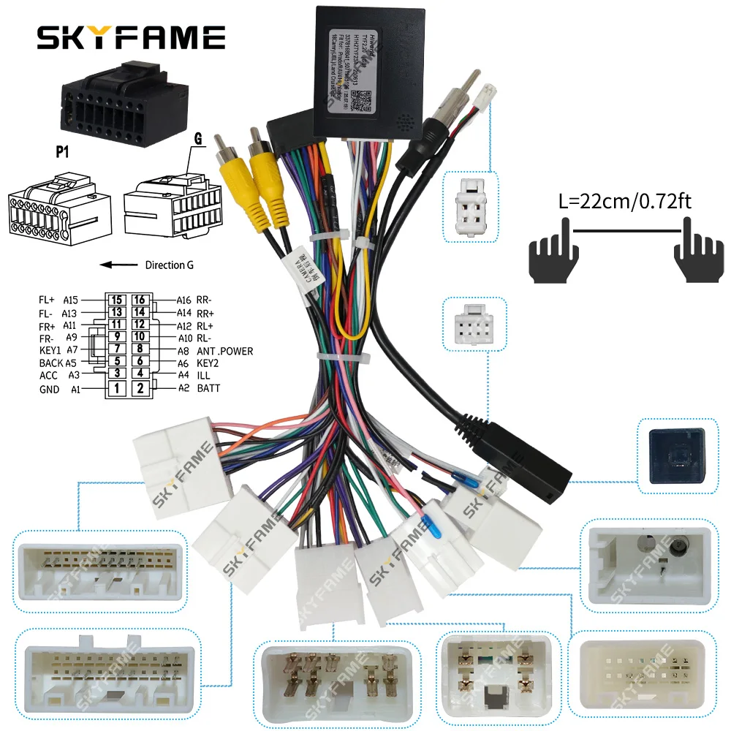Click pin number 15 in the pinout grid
point(116,300)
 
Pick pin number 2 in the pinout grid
point(140,388)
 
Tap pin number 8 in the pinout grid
point(140,349)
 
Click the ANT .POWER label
point(224,352)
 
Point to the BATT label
point(208,388)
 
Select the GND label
point(49,390)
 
